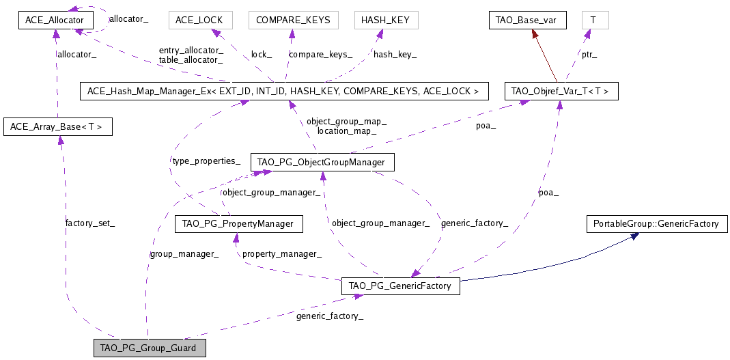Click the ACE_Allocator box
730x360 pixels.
(x=55, y=20)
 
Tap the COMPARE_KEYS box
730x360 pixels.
(x=293, y=20)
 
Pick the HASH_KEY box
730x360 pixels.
(x=385, y=20)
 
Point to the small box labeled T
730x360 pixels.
(x=594, y=20)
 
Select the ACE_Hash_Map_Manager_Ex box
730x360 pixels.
(x=284, y=91)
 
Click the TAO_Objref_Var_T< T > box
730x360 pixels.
(x=561, y=91)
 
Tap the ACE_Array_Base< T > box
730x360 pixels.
(x=57, y=126)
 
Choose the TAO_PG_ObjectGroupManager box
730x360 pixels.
(x=322, y=162)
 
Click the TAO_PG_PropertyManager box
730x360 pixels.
(x=238, y=224)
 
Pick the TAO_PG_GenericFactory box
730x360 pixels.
(x=400, y=286)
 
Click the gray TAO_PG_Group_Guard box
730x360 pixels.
(x=149, y=348)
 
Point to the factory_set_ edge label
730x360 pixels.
(x=90, y=223)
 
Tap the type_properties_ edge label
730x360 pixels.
(x=206, y=161)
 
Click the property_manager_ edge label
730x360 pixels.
(x=282, y=253)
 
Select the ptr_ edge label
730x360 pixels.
(x=589, y=54)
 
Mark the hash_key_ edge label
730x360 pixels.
(x=395, y=54)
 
